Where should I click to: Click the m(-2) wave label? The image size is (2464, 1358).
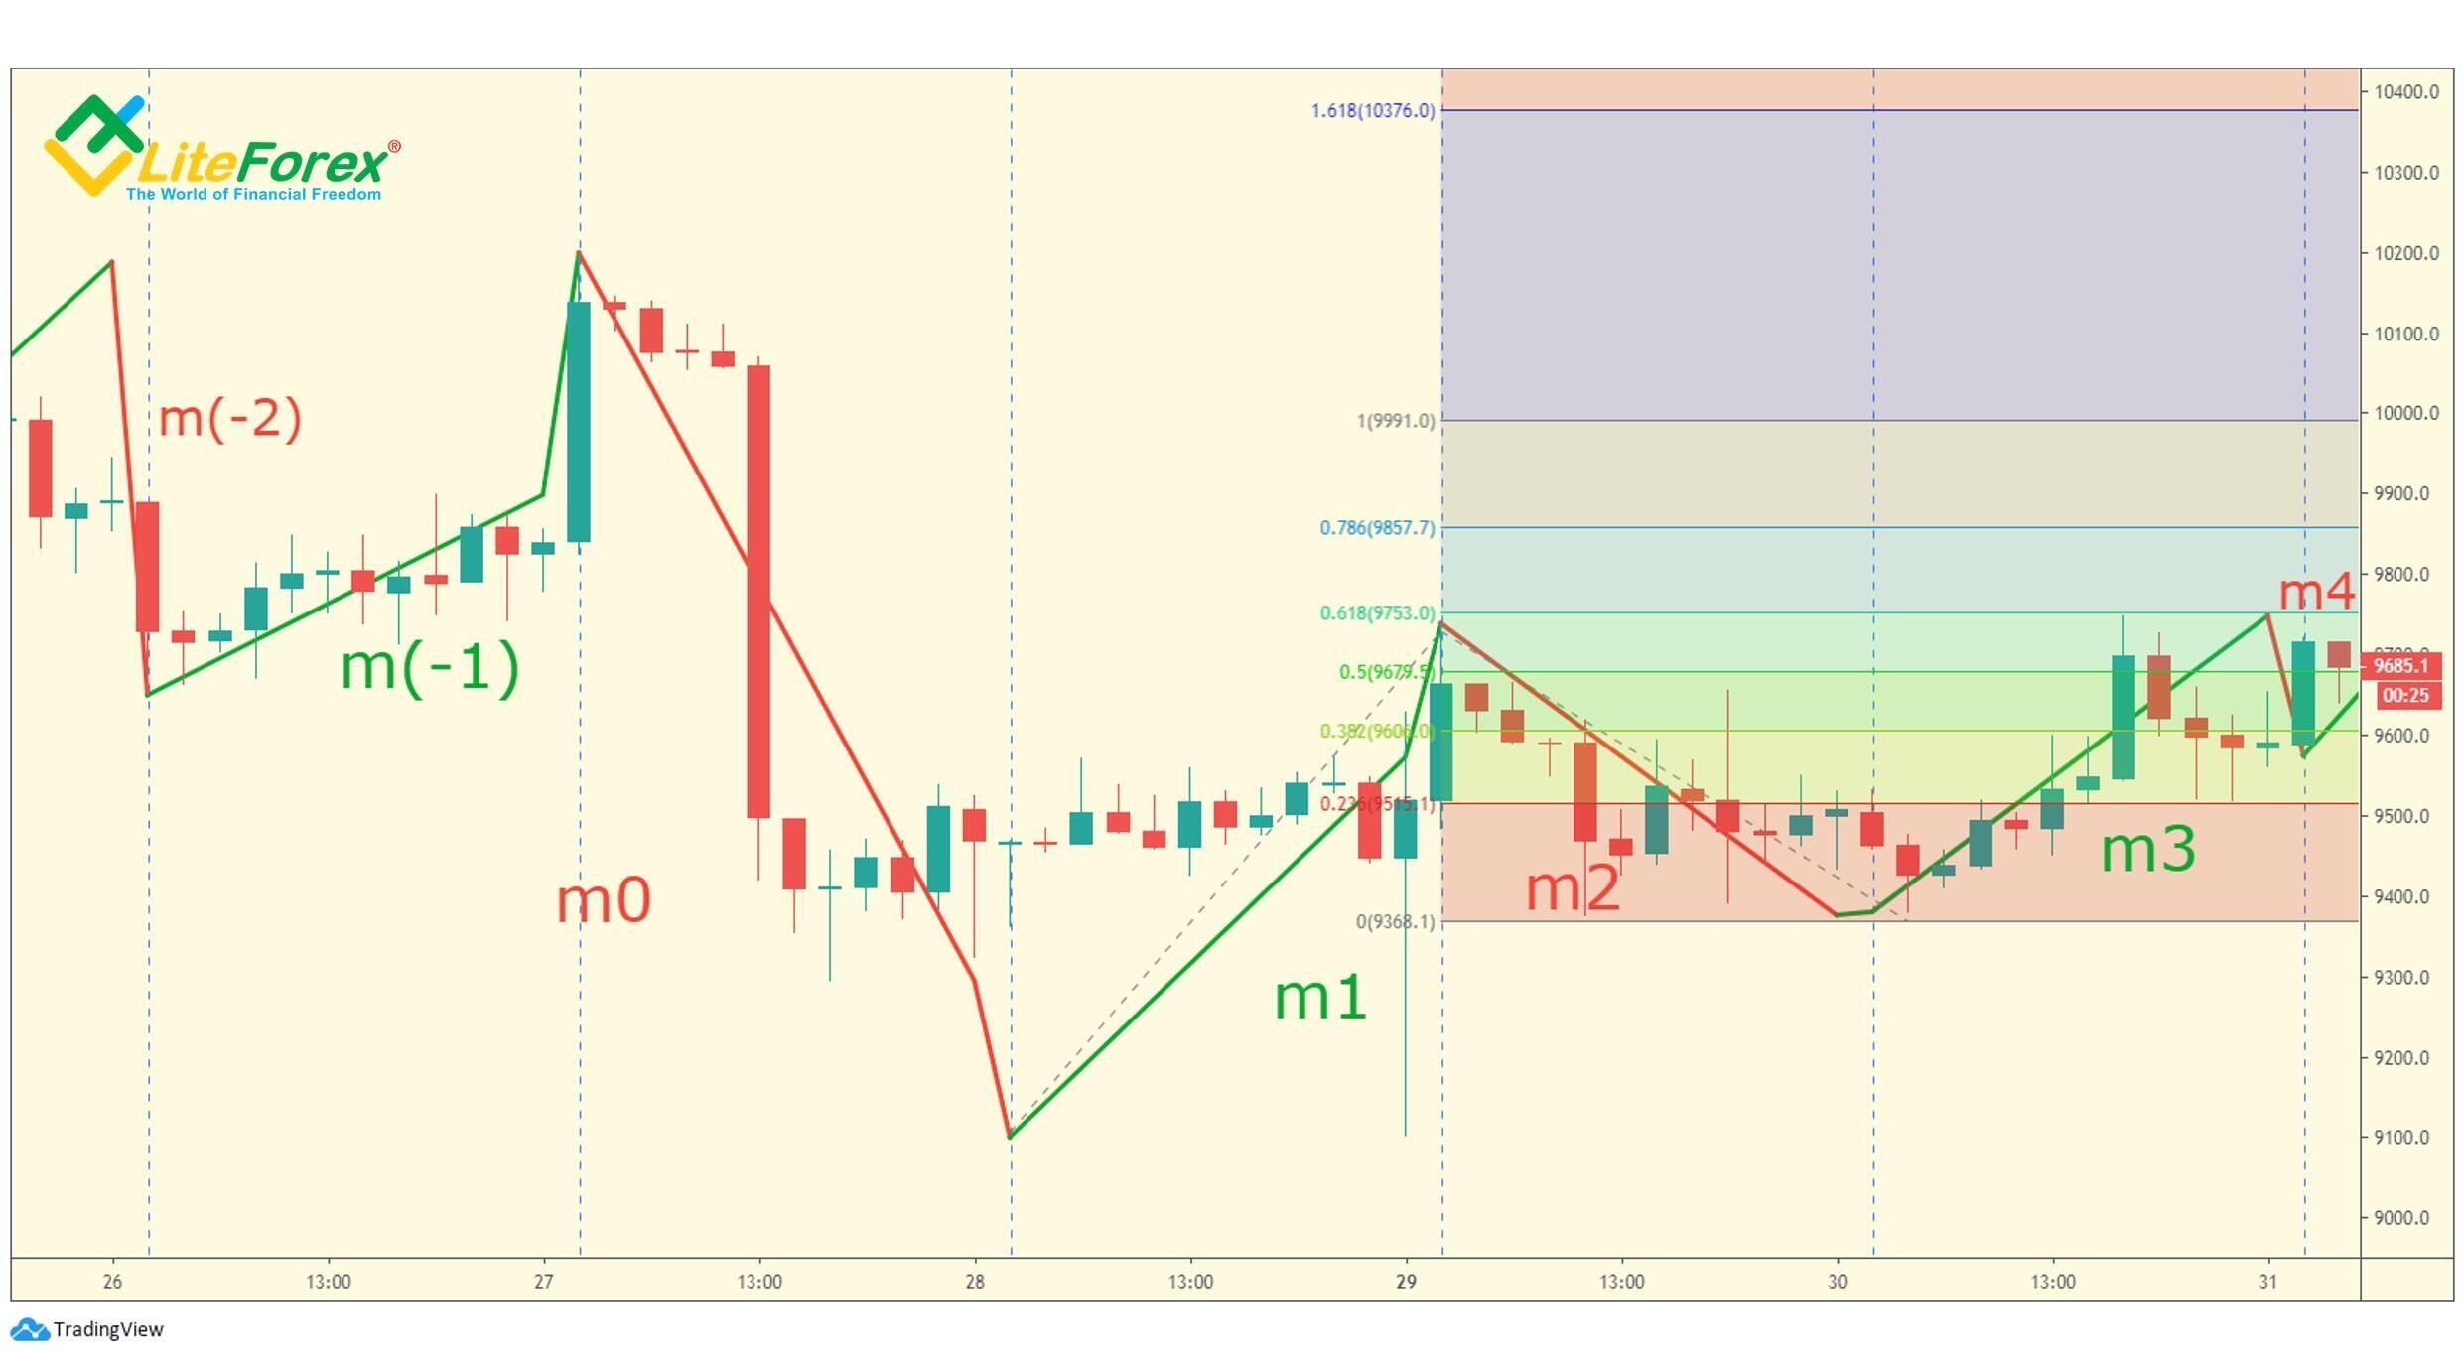point(230,418)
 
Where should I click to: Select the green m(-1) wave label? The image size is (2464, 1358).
point(430,666)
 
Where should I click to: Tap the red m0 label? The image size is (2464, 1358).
point(604,900)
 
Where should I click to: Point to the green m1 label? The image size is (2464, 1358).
point(1320,997)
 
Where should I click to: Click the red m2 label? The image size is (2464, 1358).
point(1573,888)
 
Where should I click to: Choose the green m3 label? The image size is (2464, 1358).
point(2148,850)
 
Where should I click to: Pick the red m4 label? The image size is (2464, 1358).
point(2316,593)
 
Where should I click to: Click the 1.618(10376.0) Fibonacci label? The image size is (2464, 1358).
point(1373,111)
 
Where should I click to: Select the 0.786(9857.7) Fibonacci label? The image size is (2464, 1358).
point(1377,528)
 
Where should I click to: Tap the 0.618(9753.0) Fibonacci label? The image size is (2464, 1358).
point(1377,613)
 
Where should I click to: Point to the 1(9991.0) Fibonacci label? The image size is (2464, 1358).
point(1395,421)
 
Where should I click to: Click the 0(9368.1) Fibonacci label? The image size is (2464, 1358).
point(1395,922)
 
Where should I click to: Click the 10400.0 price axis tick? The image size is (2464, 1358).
point(2404,92)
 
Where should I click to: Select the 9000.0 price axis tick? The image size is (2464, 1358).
point(2404,1218)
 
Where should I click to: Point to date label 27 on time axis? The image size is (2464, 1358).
point(543,1282)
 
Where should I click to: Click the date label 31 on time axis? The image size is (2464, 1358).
point(2267,1282)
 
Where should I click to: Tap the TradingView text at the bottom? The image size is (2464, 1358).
point(107,1330)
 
